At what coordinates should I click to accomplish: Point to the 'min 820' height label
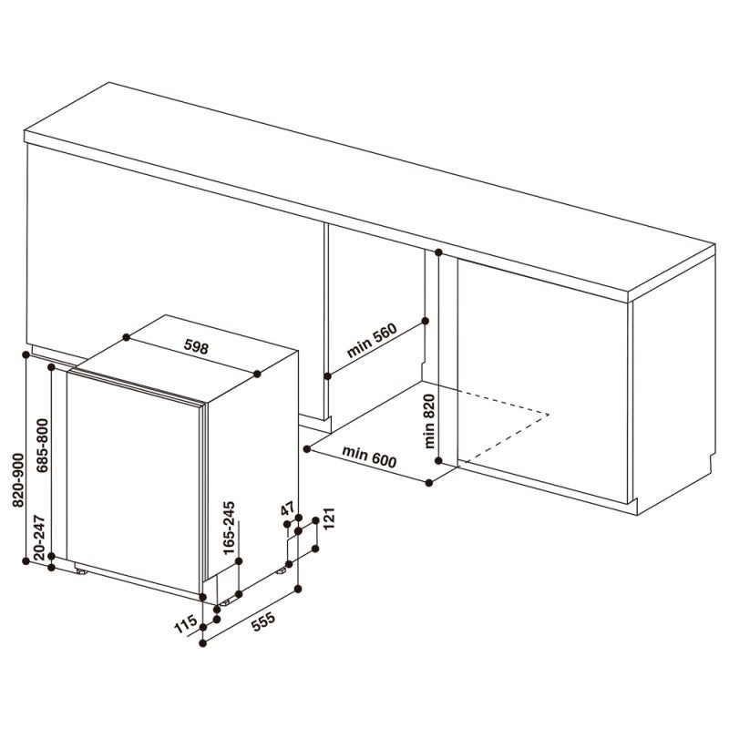click(x=429, y=416)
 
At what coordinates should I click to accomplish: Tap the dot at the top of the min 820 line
click(x=438, y=252)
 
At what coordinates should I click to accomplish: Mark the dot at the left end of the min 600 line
click(x=310, y=447)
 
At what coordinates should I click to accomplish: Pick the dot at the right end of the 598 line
click(x=260, y=373)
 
